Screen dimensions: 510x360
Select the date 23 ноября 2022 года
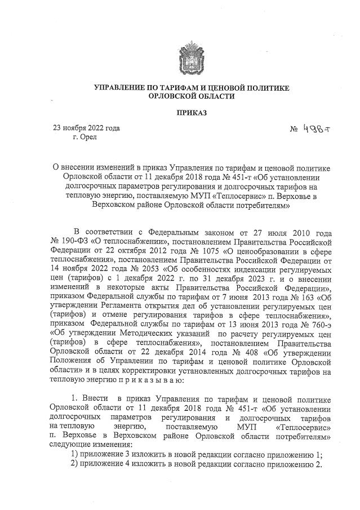click(x=86, y=128)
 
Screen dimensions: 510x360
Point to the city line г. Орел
click(x=86, y=137)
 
